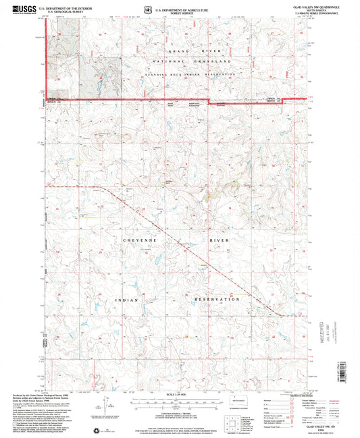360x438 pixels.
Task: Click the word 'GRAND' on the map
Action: (x=180, y=51)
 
